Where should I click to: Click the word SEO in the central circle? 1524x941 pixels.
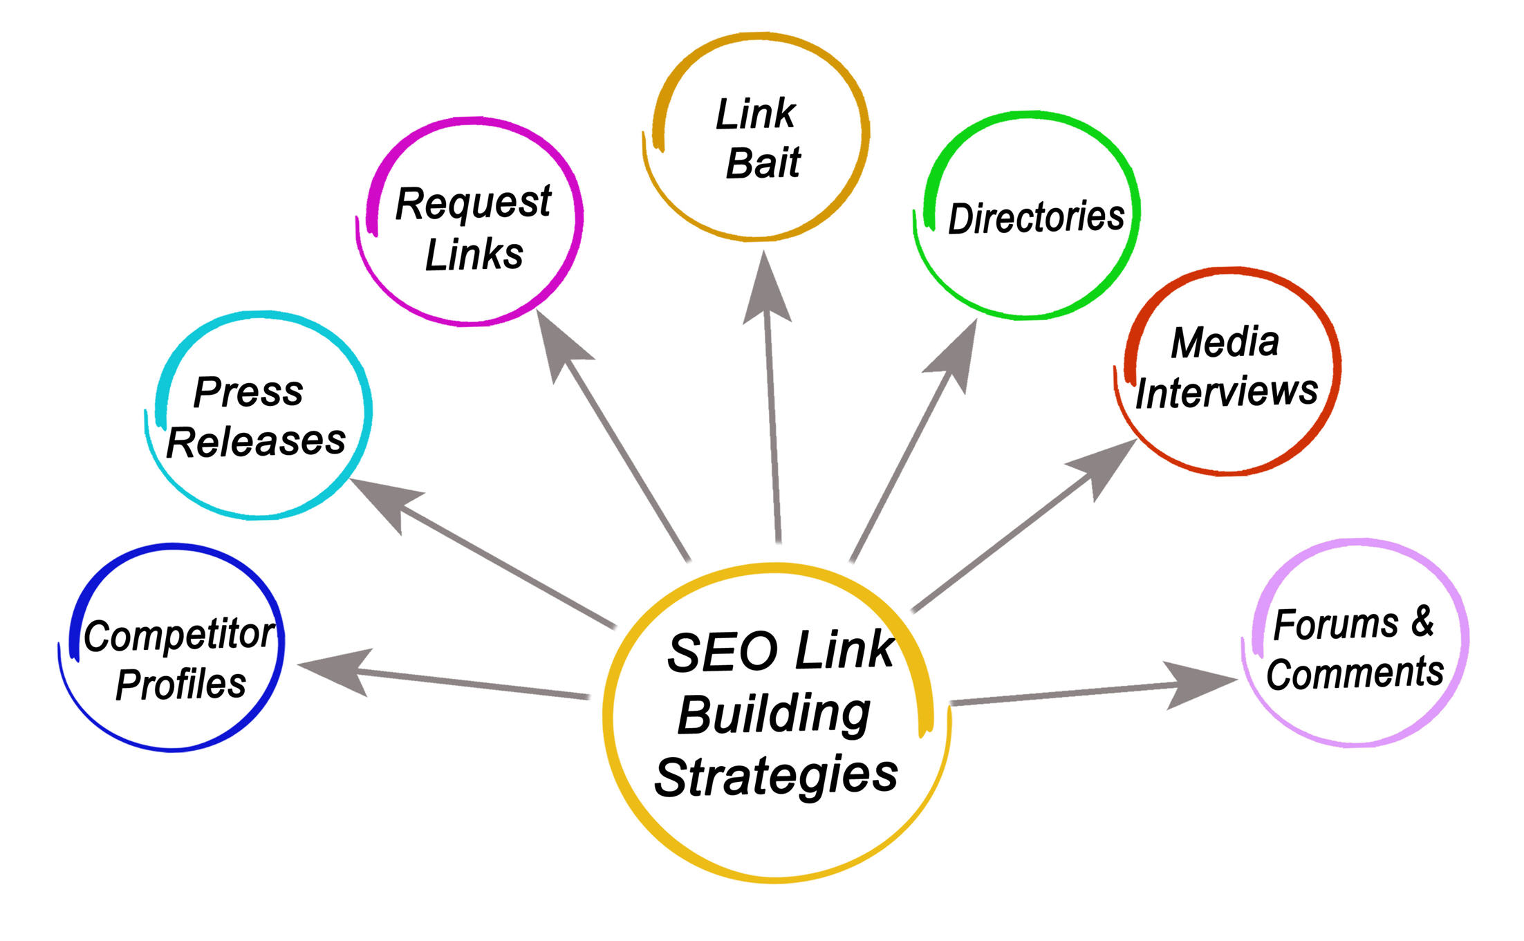pos(722,653)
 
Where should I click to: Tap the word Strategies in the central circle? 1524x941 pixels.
pos(776,777)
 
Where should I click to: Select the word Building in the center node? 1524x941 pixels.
pos(774,716)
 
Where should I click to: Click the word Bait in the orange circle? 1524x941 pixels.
pos(763,164)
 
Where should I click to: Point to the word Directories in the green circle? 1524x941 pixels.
pos(1035,218)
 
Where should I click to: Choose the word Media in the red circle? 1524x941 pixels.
pos(1225,342)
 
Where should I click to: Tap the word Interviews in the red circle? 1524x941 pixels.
pos(1226,392)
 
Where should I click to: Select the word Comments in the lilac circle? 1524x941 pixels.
pos(1355,673)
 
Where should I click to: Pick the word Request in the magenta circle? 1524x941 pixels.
pos(473,204)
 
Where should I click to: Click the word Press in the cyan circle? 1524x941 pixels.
pos(248,392)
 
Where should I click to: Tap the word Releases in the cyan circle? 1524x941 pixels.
pos(256,442)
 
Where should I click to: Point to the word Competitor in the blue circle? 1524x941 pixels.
pos(179,635)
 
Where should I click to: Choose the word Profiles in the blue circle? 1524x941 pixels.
pos(180,684)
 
